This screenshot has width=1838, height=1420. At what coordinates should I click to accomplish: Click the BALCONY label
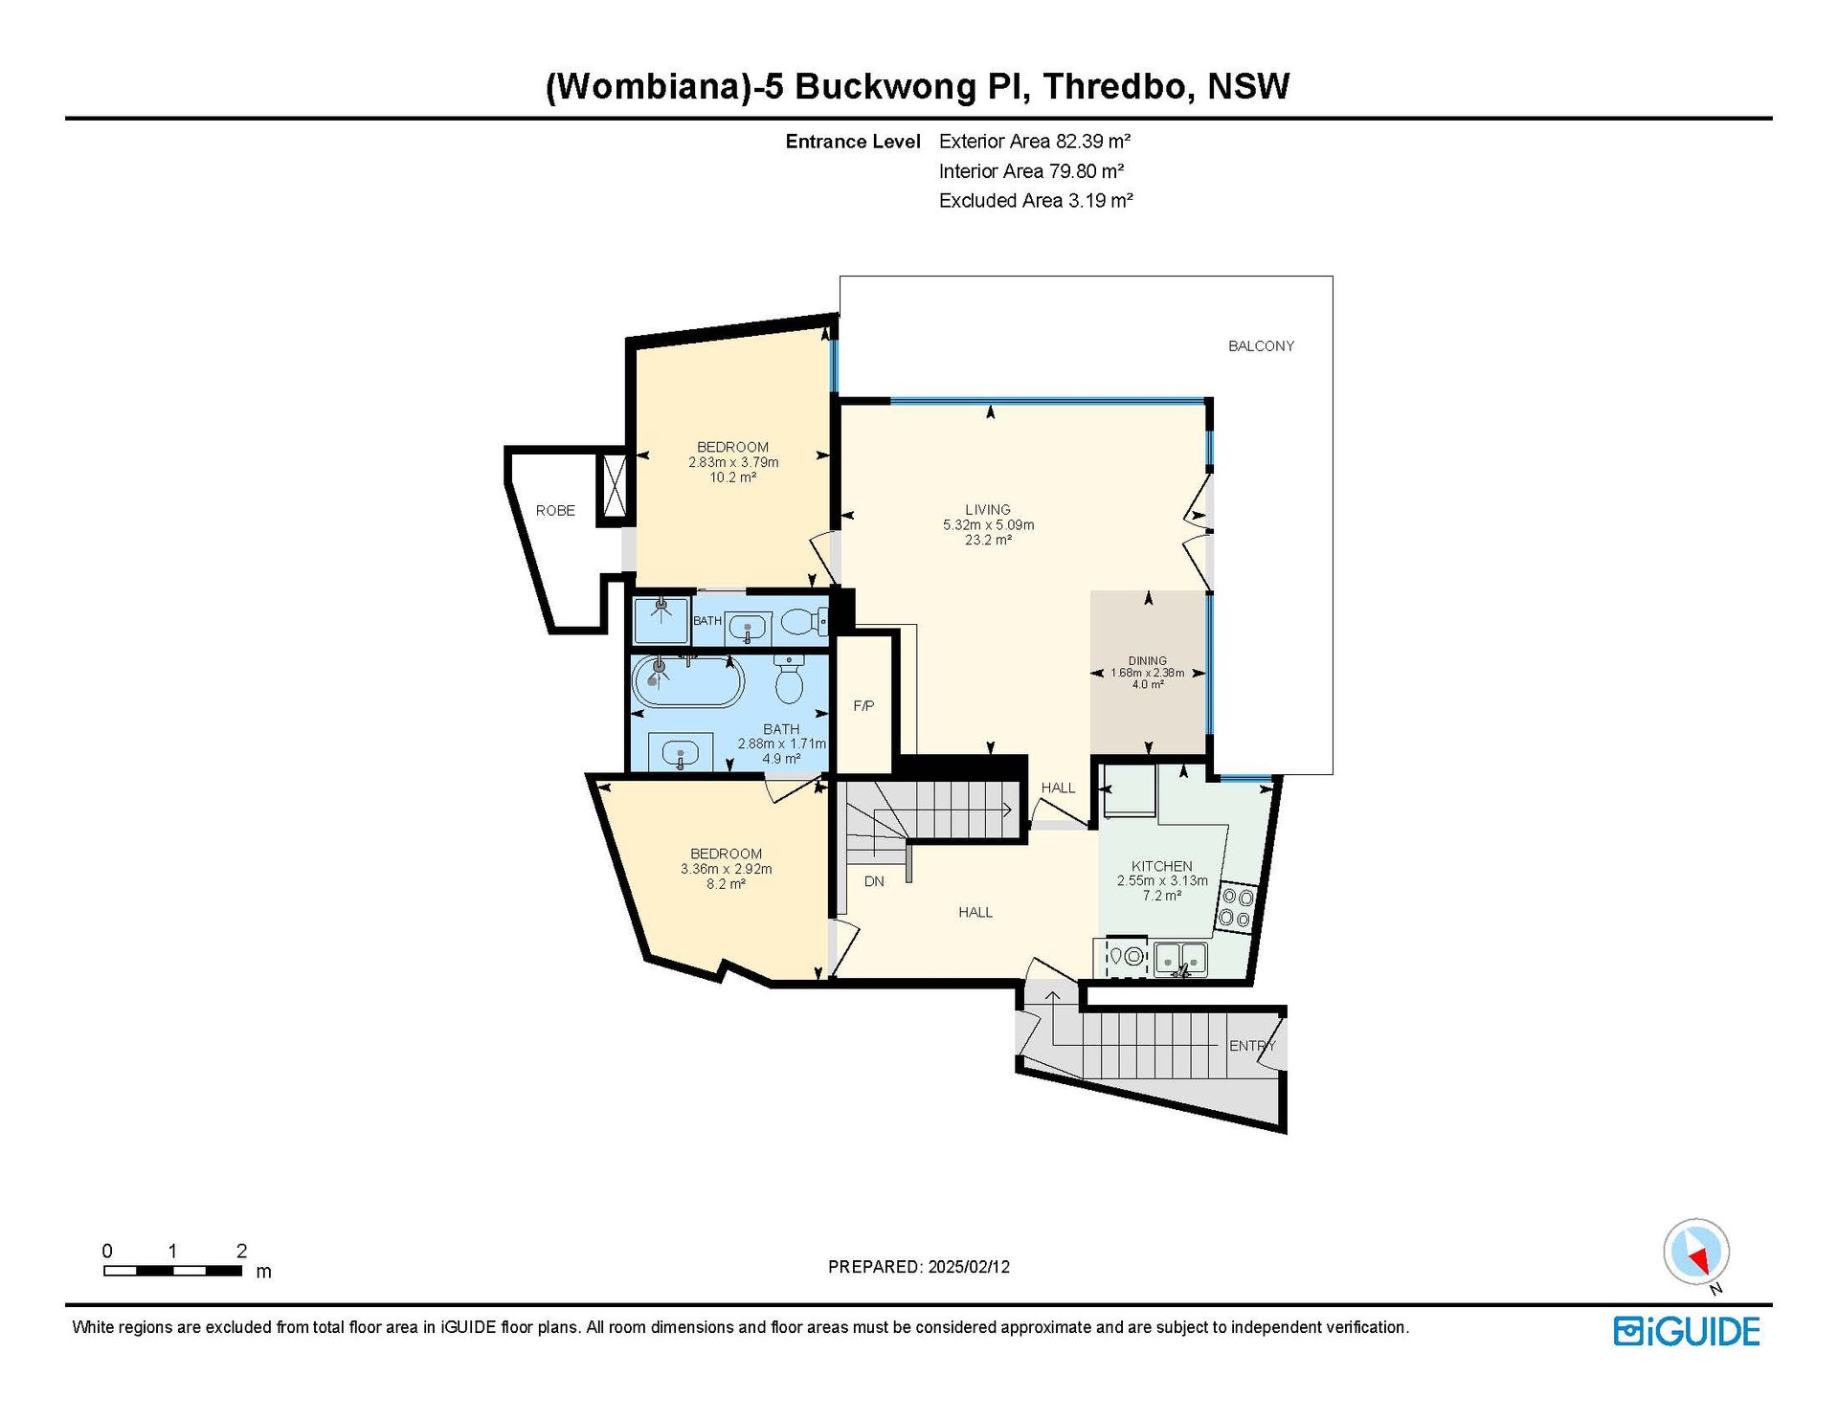pos(1261,346)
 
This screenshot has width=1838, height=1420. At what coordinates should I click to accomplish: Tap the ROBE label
pos(555,511)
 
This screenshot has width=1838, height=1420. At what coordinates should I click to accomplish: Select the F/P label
pos(863,706)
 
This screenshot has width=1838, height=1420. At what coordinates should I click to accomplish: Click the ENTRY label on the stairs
pos(1252,1046)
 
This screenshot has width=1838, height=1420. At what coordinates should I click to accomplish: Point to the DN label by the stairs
pos(874,881)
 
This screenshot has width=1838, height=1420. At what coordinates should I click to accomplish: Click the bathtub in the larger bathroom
pos(688,681)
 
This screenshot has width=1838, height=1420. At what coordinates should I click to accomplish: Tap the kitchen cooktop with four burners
pos(1236,908)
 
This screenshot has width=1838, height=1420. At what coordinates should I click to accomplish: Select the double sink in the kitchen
pos(1180,958)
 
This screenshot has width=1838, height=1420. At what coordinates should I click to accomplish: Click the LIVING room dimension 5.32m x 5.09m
pos(989,525)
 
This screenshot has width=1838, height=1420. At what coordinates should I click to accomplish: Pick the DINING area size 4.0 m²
pos(1148,685)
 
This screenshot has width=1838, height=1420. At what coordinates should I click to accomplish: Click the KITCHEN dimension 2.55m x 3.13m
pos(1162,881)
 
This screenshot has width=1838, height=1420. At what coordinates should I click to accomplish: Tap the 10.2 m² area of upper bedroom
pos(733,477)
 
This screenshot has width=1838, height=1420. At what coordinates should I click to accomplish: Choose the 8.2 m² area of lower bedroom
pos(726,884)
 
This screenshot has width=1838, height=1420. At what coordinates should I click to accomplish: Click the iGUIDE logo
pos(1687,1331)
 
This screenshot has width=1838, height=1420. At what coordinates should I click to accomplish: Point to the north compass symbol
pos(1696,1252)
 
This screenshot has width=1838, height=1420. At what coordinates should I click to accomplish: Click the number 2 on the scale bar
pos(241,1251)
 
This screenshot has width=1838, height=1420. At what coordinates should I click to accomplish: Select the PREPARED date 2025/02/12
pos(969,1267)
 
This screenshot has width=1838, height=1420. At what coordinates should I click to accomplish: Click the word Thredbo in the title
pos(1116,86)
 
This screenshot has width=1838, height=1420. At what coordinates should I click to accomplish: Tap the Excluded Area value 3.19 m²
pos(1101,201)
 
